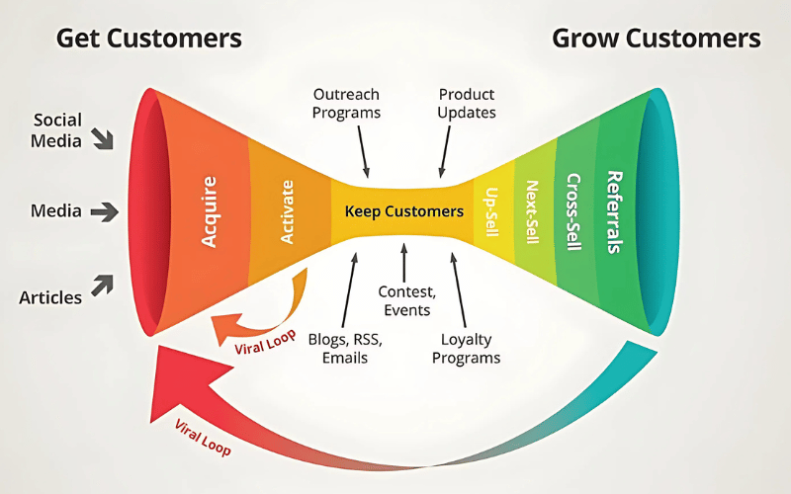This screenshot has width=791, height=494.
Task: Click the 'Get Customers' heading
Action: pyautogui.click(x=148, y=40)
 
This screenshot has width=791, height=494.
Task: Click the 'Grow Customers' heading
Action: pyautogui.click(x=657, y=40)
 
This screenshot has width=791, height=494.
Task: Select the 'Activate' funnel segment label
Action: pyautogui.click(x=288, y=211)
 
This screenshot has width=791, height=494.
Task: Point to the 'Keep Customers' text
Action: pyautogui.click(x=403, y=211)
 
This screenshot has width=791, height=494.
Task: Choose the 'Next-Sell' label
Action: pyautogui.click(x=532, y=212)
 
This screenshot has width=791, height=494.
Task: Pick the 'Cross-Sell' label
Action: pyautogui.click(x=572, y=212)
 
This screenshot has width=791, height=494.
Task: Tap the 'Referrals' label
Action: pyautogui.click(x=614, y=212)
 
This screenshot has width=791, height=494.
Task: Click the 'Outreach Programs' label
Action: pyautogui.click(x=347, y=103)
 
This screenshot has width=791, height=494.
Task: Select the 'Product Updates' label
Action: pyautogui.click(x=467, y=103)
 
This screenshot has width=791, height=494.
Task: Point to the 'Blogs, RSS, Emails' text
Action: pyautogui.click(x=345, y=348)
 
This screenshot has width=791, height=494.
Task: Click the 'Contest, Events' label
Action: pyautogui.click(x=405, y=299)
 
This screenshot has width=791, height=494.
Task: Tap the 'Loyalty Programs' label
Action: pyautogui.click(x=467, y=348)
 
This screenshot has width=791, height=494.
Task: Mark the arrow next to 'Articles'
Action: pyautogui.click(x=103, y=287)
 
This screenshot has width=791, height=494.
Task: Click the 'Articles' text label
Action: pyautogui.click(x=50, y=297)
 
